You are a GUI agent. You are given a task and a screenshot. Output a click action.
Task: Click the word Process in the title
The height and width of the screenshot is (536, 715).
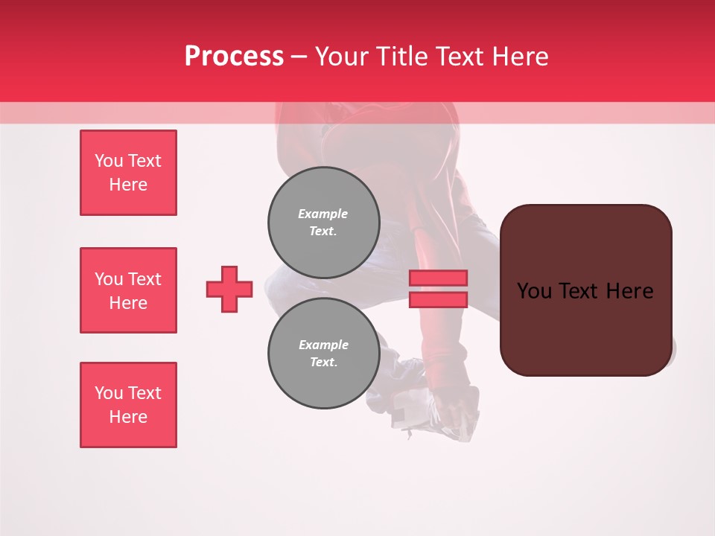click(234, 57)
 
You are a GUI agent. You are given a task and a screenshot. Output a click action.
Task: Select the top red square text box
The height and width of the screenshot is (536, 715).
click(128, 173)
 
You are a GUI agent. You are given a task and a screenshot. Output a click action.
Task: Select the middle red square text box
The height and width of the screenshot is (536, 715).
click(128, 290)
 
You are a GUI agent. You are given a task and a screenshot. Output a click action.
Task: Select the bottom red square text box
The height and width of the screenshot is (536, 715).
click(128, 405)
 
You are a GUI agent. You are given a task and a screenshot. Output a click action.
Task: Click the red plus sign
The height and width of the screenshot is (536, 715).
click(229, 289)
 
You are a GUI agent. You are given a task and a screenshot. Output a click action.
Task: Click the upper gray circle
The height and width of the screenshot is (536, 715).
click(324, 223)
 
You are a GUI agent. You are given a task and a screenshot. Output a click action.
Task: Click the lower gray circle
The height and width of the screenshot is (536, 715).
click(324, 354)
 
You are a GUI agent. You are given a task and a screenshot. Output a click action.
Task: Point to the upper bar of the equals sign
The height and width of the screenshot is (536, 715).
click(438, 278)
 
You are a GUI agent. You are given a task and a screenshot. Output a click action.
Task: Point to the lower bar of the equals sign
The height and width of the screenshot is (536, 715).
click(438, 299)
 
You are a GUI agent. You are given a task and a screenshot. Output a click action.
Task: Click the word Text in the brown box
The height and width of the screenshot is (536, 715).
click(581, 291)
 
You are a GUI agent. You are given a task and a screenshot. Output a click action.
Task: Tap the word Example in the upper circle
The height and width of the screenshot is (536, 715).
click(322, 214)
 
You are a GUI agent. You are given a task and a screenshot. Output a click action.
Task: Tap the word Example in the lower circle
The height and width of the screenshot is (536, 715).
click(323, 345)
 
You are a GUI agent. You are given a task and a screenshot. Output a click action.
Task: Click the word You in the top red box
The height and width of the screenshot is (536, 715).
click(109, 161)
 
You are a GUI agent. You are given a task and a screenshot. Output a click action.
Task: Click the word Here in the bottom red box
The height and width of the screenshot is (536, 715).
click(128, 417)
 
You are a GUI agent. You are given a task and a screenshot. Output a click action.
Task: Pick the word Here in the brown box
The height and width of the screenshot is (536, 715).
click(630, 291)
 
